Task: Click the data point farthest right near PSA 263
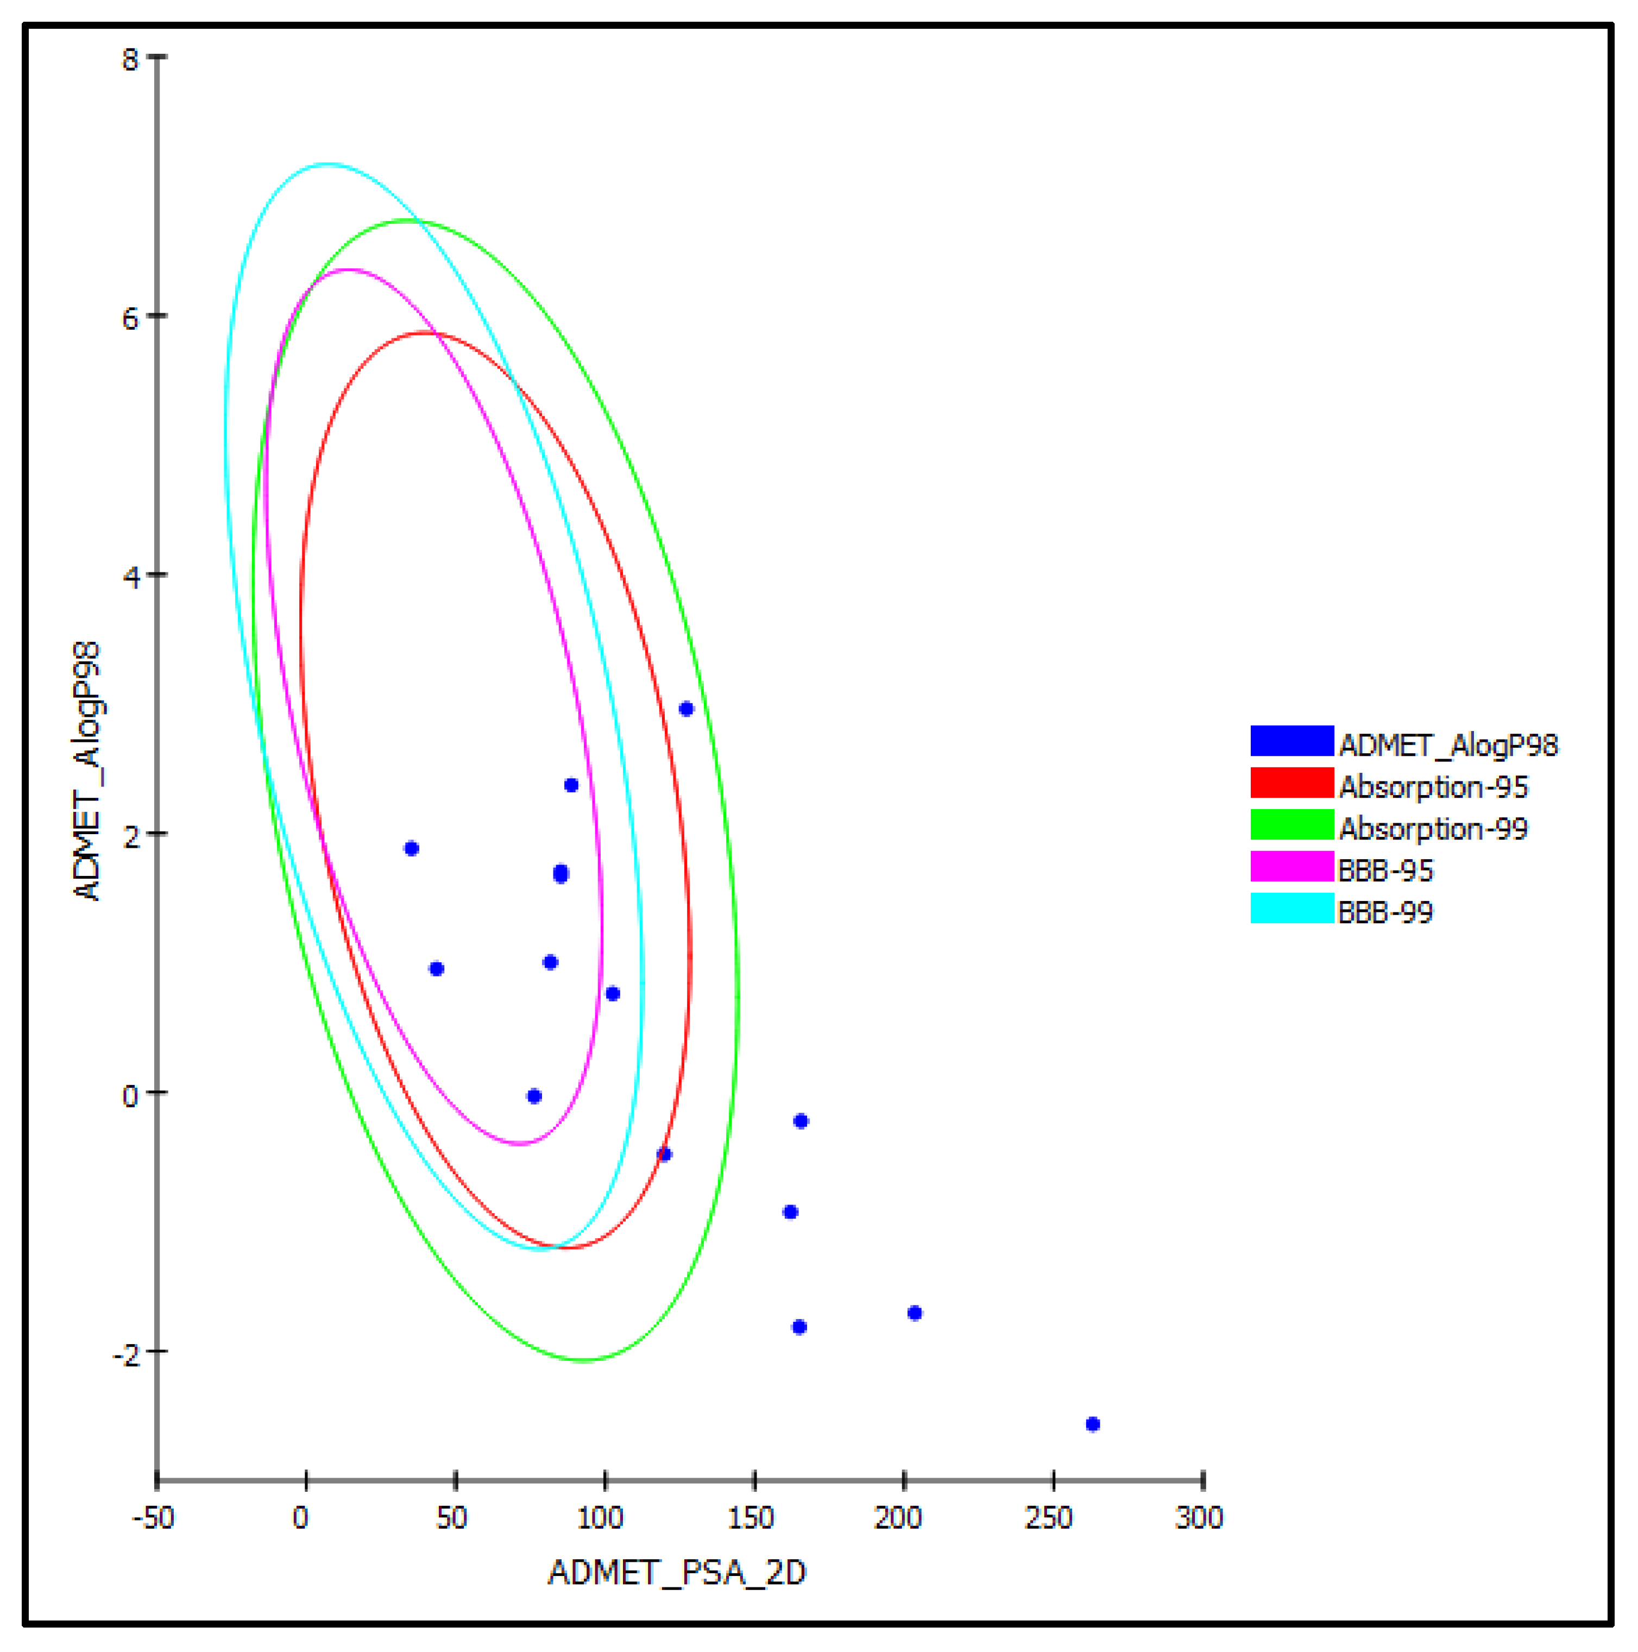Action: click(1092, 1424)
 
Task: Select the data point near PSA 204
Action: click(915, 1313)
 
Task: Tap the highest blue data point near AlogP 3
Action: click(686, 709)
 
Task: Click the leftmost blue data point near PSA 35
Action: click(412, 848)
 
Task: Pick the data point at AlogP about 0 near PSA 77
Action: click(534, 1096)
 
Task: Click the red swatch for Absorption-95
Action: click(1291, 783)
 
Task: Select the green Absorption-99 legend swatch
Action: click(1291, 824)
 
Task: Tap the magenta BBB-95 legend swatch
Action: click(1291, 866)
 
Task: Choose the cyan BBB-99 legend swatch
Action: click(1291, 908)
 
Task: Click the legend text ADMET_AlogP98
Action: click(1448, 746)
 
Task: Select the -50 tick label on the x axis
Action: click(154, 1518)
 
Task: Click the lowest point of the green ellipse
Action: click(583, 1360)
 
